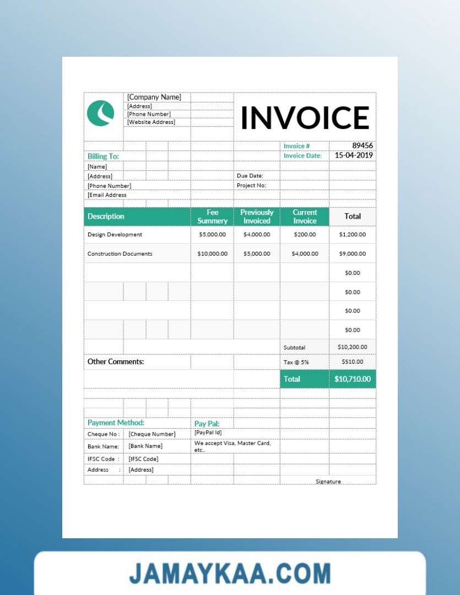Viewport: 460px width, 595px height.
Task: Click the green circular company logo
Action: coord(100,113)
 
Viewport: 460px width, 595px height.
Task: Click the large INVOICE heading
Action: coord(305,117)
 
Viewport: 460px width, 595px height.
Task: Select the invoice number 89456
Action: coord(362,145)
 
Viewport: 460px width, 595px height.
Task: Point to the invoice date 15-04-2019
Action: coord(354,155)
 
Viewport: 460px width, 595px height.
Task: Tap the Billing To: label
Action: coord(103,156)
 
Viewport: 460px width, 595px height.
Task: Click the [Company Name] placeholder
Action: coord(154,97)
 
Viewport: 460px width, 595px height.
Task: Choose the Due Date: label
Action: coord(250,176)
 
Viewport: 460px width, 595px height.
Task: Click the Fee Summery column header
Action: coord(212,217)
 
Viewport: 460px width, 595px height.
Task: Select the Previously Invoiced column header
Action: coord(257,217)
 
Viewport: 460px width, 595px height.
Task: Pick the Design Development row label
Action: coord(115,235)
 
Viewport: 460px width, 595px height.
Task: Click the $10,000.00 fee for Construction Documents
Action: coord(212,254)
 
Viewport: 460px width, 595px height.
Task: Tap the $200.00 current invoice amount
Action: coord(305,235)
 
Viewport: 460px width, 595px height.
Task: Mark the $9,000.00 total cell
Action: coord(353,254)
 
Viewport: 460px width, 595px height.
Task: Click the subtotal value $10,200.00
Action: coord(353,347)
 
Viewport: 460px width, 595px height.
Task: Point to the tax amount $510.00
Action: coord(353,361)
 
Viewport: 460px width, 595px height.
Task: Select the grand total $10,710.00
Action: coord(353,379)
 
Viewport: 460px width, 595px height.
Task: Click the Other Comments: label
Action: coord(116,362)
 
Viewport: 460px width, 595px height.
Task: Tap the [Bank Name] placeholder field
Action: coord(145,446)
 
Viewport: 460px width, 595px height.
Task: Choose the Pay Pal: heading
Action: coord(207,424)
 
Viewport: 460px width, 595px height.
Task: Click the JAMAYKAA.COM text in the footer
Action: coord(230,574)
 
